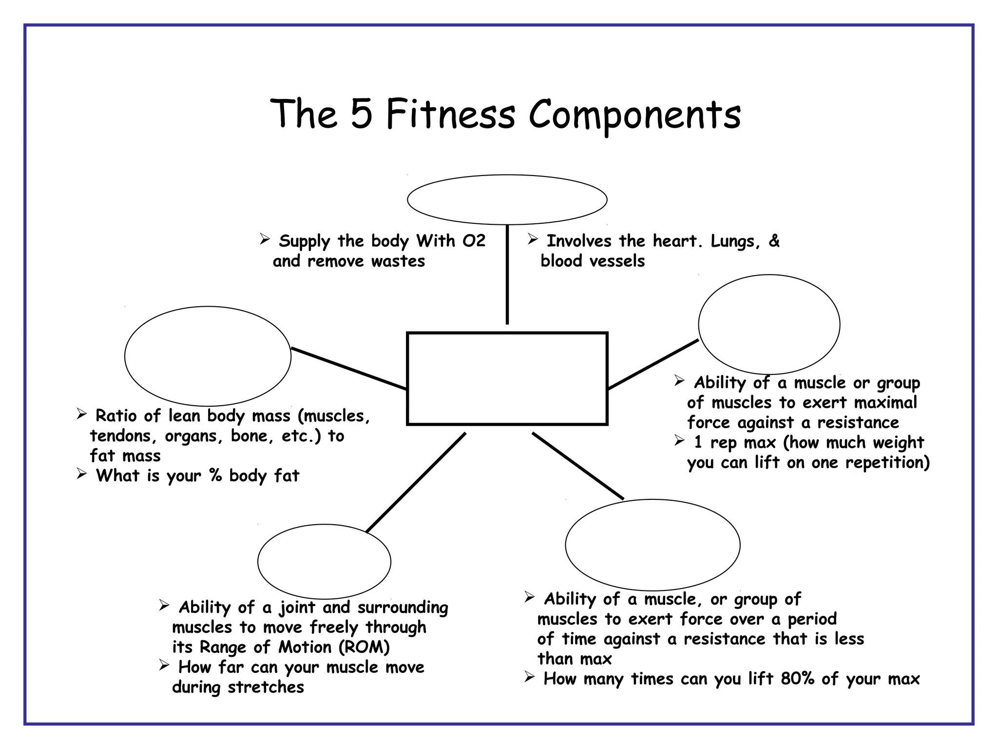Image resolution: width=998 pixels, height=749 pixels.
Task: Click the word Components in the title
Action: [634, 116]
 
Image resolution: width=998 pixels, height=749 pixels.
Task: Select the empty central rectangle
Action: [507, 379]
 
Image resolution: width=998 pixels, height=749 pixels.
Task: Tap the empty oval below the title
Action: [507, 200]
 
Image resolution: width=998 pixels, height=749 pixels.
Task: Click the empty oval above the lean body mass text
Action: [208, 356]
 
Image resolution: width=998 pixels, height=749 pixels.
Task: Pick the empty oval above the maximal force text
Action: [769, 324]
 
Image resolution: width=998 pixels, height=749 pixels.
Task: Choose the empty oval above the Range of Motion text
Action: [324, 561]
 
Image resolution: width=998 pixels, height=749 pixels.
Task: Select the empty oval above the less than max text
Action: [653, 545]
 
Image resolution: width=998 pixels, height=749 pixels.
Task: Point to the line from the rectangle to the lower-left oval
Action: [416, 482]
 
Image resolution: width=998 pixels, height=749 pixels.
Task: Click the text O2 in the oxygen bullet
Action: [474, 241]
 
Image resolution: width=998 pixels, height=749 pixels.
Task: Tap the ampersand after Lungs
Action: [774, 241]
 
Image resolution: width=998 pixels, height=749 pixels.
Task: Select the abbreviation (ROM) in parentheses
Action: [364, 647]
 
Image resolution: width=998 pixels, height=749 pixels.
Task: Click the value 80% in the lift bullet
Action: [797, 679]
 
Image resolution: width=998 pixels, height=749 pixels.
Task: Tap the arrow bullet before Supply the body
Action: [265, 239]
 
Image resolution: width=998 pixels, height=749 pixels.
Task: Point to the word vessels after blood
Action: [616, 261]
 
